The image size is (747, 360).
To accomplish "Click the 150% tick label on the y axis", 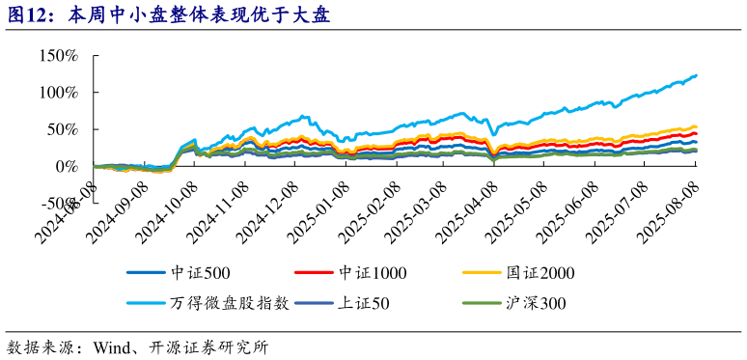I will pos(59,55).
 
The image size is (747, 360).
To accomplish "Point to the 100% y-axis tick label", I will pos(59,92).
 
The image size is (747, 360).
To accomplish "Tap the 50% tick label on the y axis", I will pos(63,129).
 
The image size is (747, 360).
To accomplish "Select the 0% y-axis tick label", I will pos(67,166).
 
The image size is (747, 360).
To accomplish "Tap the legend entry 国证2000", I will pos(541,273).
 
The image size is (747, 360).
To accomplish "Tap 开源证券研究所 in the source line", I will pos(207,346).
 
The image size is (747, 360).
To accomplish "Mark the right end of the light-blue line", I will pos(697,75).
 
